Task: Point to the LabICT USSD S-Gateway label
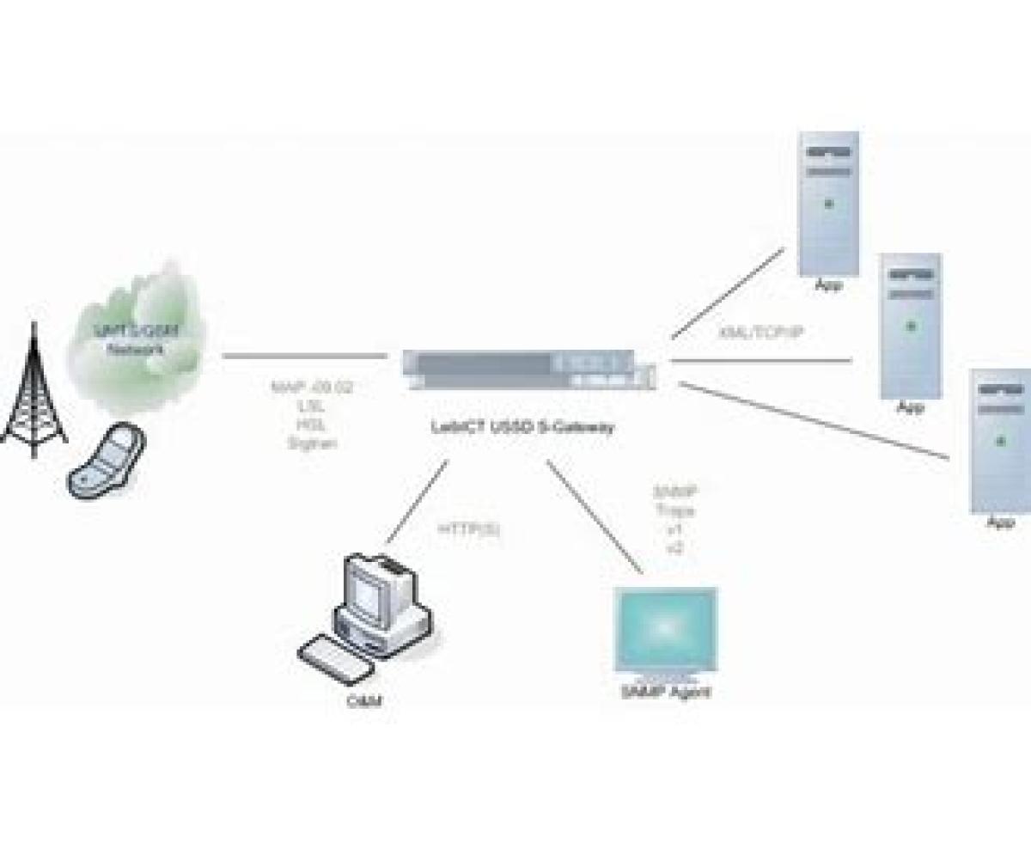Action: pos(523,426)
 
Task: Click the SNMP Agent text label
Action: pos(666,692)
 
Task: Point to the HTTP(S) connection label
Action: pos(469,529)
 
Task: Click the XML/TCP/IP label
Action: pos(761,332)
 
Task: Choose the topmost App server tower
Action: pos(828,203)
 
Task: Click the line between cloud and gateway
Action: pos(304,355)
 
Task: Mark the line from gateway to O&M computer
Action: pos(417,502)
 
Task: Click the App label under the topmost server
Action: pos(828,285)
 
